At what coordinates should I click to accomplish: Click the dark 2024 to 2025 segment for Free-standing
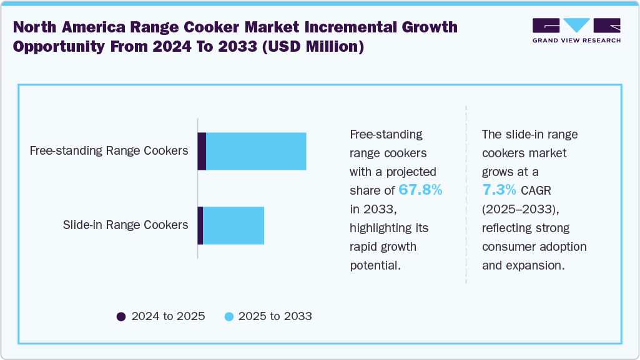coord(202,151)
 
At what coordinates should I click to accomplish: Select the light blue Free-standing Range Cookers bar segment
coord(256,151)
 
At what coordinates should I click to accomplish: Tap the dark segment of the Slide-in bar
coord(200,225)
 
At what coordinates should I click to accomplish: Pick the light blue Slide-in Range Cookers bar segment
coord(234,225)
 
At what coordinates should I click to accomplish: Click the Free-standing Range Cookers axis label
coord(109,150)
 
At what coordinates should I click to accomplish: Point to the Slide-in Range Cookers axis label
coord(126,225)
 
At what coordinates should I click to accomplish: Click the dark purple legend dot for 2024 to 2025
coord(121,316)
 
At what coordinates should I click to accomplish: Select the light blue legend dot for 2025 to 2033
coord(229,316)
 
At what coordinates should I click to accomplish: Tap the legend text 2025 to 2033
coord(275,316)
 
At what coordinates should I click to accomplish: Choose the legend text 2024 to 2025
coord(168,316)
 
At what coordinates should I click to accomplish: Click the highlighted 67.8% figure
coord(420,190)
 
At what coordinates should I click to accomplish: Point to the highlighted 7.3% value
coord(499,190)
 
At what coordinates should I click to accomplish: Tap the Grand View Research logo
coord(576,31)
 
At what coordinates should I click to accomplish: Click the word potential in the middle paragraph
coord(375,265)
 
